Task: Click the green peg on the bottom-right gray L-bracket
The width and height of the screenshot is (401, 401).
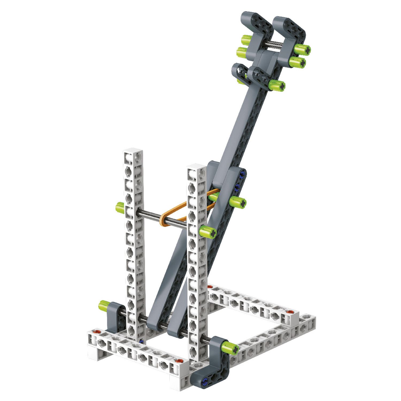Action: [230, 348]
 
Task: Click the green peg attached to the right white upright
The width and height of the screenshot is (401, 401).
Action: [208, 232]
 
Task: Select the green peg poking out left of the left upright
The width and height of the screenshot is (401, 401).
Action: [120, 207]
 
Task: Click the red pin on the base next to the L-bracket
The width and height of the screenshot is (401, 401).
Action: [177, 361]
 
